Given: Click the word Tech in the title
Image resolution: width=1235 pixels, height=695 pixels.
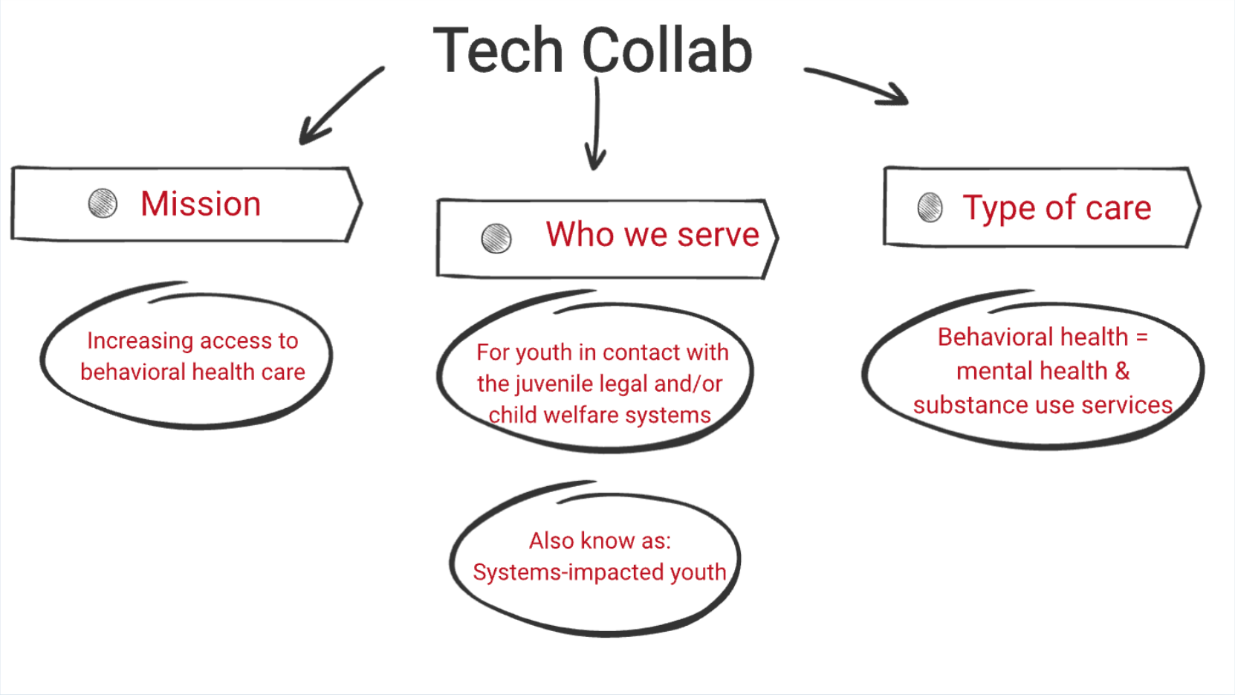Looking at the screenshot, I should pos(498,51).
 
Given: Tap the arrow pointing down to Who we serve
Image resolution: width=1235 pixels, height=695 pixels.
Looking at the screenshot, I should pos(596,123).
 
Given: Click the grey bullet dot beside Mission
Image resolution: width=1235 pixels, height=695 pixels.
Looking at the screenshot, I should pos(103,203).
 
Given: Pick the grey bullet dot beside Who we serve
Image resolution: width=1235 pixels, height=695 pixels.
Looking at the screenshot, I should pos(496,238).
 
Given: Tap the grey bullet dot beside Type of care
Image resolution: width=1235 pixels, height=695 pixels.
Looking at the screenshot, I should pos(930,207).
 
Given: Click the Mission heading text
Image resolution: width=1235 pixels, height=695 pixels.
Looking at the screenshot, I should pos(201,204).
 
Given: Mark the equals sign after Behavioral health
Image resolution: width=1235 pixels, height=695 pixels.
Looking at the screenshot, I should pos(1141,337).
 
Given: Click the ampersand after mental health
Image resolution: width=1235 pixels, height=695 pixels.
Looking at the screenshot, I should pos(1122,371).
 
